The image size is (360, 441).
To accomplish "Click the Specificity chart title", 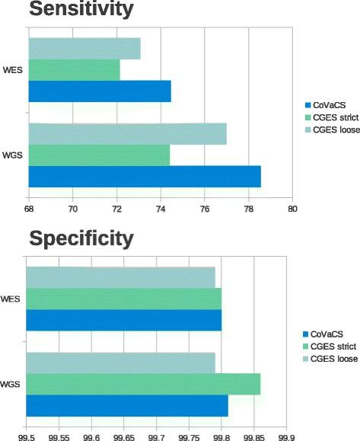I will [80, 239].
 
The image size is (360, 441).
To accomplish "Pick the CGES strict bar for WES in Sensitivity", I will [74, 70].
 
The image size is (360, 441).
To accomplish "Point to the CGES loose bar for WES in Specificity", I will [121, 277].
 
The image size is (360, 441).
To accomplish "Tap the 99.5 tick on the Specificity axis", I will [27, 436].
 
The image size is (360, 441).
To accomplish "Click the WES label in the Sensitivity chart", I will [14, 70].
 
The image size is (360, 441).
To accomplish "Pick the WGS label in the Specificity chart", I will [14, 385].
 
